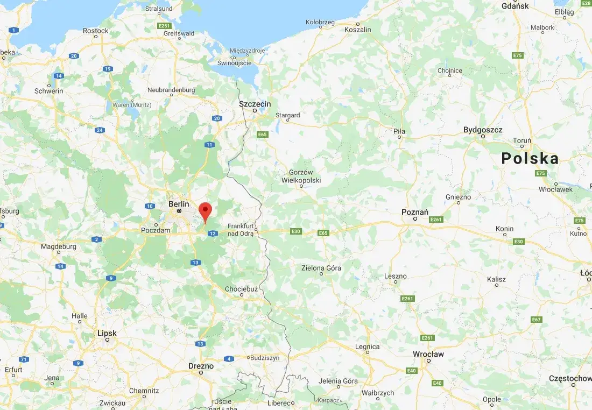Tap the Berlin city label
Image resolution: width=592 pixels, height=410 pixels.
click(x=179, y=204)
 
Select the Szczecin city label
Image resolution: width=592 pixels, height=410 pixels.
click(x=255, y=104)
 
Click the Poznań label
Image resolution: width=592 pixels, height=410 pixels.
click(x=415, y=212)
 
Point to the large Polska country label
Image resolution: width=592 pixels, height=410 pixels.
click(x=530, y=158)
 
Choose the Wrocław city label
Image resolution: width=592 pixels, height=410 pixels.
click(x=428, y=354)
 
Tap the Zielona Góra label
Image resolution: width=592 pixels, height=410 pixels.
click(x=321, y=267)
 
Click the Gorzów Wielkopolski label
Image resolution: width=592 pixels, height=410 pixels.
click(x=301, y=176)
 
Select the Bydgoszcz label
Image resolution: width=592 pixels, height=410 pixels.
click(x=483, y=130)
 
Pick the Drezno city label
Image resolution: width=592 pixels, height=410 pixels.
click(x=201, y=366)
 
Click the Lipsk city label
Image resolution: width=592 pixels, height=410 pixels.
click(x=107, y=333)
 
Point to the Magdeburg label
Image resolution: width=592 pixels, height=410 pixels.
click(x=59, y=246)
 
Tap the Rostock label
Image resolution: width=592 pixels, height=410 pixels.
click(x=96, y=31)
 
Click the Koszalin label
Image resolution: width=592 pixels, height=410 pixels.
click(x=358, y=30)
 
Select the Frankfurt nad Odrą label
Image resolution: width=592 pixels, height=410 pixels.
click(x=241, y=230)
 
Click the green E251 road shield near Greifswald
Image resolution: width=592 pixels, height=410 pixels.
click(x=164, y=26)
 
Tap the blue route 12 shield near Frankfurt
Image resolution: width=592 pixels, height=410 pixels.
click(x=213, y=233)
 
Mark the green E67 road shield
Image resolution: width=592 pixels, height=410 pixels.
click(x=535, y=320)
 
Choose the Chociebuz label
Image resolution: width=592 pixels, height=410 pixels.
click(x=241, y=289)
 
